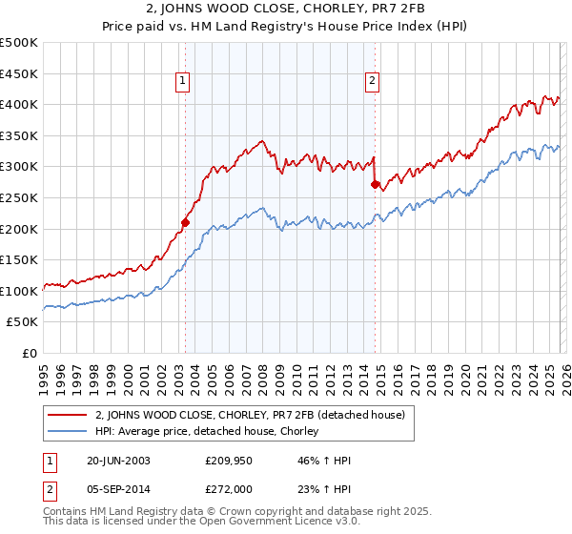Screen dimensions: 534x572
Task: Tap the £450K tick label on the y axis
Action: point(19,73)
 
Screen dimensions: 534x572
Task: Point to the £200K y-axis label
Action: point(19,229)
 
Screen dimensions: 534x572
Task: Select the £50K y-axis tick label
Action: point(22,322)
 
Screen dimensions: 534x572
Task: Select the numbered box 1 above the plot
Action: point(182,82)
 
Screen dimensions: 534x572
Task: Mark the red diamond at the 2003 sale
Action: point(185,223)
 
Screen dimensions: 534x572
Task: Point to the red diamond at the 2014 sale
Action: point(375,184)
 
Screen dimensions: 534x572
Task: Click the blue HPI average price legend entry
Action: point(212,431)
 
